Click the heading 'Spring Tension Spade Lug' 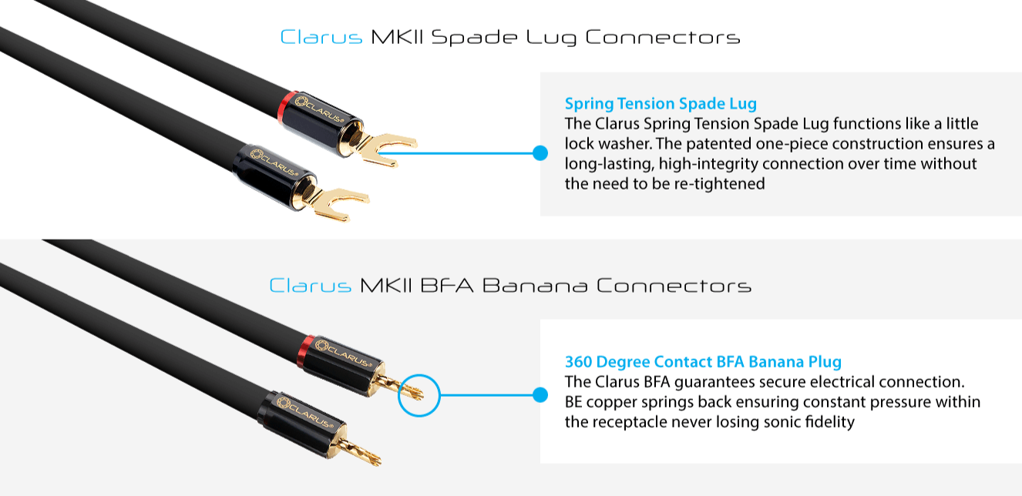pos(661,103)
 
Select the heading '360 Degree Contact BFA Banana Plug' pos(703,361)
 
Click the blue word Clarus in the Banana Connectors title pos(310,286)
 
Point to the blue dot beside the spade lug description pos(540,152)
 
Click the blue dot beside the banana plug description pos(540,396)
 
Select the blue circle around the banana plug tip pos(418,397)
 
